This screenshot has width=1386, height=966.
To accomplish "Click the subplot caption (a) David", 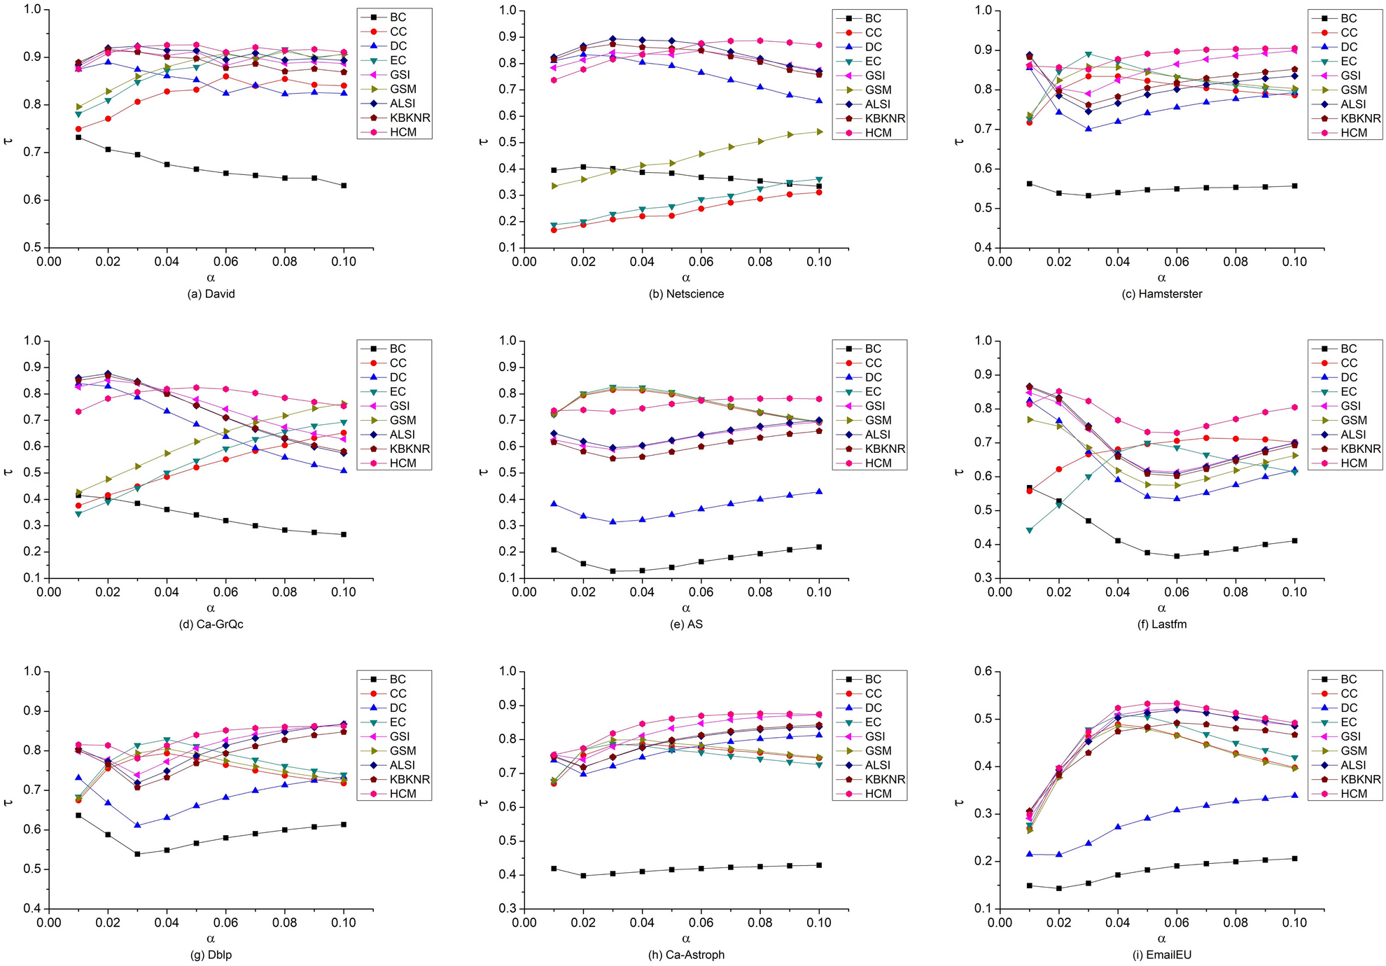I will coord(211,294).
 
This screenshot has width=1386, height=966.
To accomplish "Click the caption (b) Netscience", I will coord(686,294).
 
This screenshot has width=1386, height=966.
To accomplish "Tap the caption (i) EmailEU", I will coord(1161,955).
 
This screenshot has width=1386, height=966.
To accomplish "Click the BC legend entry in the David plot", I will coord(398,17).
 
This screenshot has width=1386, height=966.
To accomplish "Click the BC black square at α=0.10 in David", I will coord(344,185).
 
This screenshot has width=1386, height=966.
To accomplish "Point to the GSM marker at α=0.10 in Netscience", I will coord(819,132).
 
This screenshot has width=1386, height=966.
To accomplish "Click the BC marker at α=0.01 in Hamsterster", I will coord(1029,183).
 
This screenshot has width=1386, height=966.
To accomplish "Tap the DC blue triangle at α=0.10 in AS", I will coord(819,491).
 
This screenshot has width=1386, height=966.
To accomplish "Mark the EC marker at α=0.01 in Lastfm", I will coord(1029,530).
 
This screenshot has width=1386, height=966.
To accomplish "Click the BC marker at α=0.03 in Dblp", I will coord(137,854).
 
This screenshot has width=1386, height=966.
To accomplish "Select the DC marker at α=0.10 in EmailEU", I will coord(1294,795).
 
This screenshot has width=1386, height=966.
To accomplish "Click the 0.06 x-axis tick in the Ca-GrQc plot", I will coord(225,592).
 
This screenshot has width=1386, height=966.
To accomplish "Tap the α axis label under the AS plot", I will coord(686,608).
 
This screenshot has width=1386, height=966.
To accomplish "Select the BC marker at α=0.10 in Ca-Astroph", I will coord(819,865).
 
